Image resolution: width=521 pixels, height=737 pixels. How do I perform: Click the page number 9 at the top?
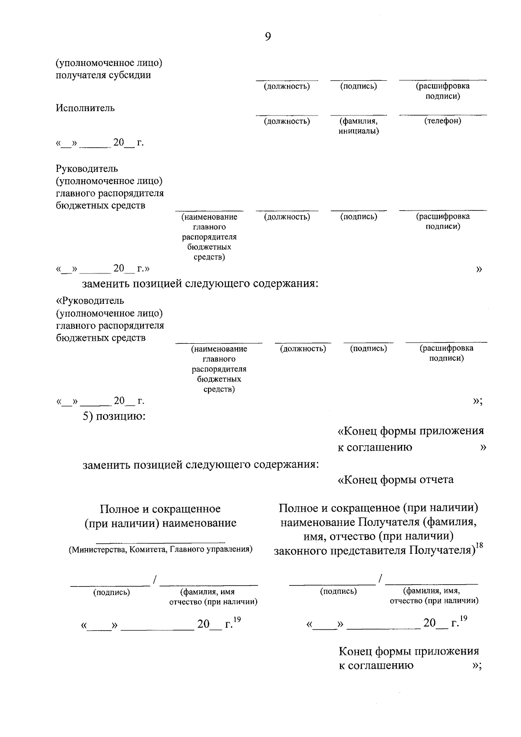pyautogui.click(x=267, y=37)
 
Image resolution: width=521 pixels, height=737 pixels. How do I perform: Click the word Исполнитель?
pyautogui.click(x=85, y=108)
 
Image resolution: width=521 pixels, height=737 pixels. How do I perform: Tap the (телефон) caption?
pyautogui.click(x=442, y=121)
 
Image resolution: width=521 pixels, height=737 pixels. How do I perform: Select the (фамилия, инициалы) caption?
pyautogui.click(x=359, y=126)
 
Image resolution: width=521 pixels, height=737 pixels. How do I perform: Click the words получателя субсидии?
pyautogui.click(x=103, y=75)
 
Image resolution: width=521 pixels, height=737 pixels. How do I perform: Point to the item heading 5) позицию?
pyautogui.click(x=114, y=417)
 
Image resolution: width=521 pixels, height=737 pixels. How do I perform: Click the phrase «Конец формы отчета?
pyautogui.click(x=396, y=480)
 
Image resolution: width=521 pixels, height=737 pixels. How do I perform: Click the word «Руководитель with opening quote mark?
pyautogui.click(x=90, y=301)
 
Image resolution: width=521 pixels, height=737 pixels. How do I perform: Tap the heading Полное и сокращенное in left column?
pyautogui.click(x=160, y=509)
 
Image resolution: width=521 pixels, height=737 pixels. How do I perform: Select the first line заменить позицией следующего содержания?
pyautogui.click(x=201, y=284)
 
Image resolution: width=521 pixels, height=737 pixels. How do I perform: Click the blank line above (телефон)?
pyautogui.click(x=442, y=115)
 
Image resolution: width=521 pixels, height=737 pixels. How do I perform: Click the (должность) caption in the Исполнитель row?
pyautogui.click(x=287, y=121)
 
